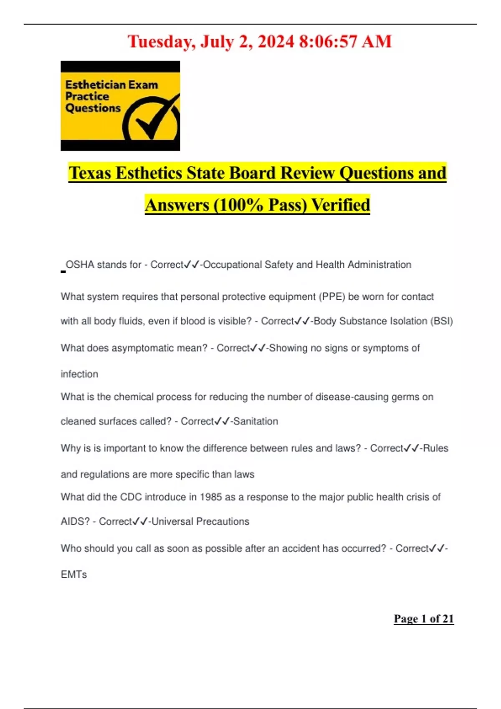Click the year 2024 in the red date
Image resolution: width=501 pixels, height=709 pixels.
276,42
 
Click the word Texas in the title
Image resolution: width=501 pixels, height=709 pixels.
90,173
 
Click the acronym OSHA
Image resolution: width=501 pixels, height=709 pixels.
80,265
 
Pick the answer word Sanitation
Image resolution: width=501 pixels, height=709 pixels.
256,421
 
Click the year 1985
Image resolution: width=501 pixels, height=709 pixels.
210,497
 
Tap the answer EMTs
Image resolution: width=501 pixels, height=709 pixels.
74,575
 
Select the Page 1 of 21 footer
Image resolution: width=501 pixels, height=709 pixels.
423,618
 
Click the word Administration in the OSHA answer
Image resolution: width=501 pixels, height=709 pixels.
380,265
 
